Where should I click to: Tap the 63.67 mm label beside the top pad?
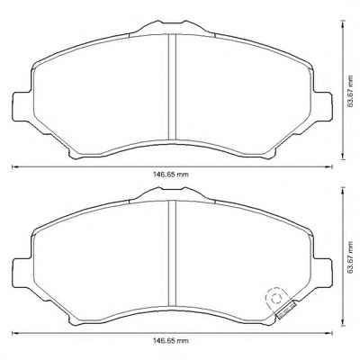click(349, 91)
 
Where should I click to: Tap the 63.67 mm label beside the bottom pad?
click(349, 257)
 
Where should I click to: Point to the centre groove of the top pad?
click(172, 87)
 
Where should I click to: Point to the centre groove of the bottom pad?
click(172, 254)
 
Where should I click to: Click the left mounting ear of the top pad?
click(22, 106)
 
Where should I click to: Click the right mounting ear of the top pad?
click(322, 106)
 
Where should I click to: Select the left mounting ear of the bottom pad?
click(22, 273)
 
